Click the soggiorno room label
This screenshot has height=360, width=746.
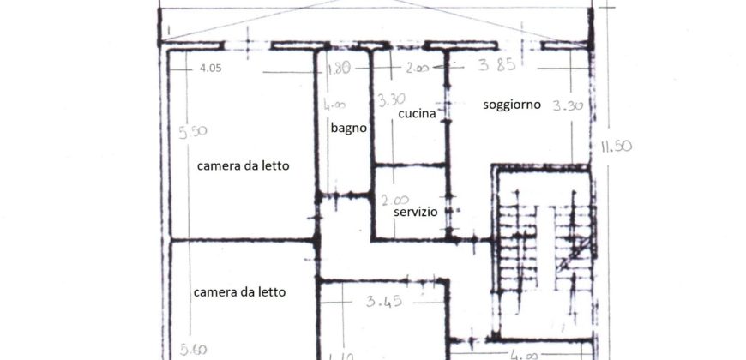click(x=511, y=105)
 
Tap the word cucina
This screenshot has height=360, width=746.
click(x=417, y=113)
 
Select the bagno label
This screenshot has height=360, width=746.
click(x=349, y=128)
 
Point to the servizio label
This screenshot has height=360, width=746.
click(x=416, y=211)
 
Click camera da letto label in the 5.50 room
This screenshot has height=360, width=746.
click(x=244, y=166)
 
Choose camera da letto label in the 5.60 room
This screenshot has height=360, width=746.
click(x=240, y=291)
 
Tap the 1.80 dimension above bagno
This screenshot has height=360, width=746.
click(x=338, y=69)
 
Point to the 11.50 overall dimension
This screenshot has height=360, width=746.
click(x=615, y=147)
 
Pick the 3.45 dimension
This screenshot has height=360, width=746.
click(x=384, y=301)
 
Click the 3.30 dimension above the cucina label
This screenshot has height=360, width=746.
click(x=390, y=98)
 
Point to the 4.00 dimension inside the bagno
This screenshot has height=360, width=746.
click(x=334, y=105)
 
